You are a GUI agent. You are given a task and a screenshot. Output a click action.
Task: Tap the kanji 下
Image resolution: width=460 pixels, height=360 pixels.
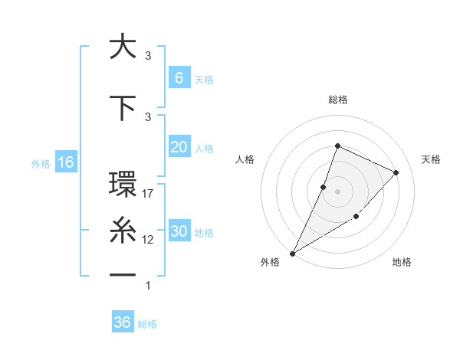(123, 107)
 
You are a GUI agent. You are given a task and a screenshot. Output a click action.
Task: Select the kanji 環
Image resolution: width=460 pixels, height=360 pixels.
(123, 185)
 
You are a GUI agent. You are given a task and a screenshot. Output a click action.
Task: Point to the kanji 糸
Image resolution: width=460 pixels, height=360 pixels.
(123, 229)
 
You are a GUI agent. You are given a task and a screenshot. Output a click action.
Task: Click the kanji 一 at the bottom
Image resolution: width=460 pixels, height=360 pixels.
(123, 273)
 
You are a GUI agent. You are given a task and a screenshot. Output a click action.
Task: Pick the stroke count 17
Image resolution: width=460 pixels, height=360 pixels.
(149, 194)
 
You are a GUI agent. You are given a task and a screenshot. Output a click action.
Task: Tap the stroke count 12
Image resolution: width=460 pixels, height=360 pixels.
(149, 240)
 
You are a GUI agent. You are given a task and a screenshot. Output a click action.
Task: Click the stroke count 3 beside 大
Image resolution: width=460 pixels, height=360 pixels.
(148, 56)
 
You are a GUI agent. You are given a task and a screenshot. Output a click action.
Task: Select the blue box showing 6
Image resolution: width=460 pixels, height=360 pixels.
(179, 77)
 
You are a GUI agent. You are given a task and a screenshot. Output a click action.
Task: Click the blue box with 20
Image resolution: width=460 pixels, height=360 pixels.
(179, 147)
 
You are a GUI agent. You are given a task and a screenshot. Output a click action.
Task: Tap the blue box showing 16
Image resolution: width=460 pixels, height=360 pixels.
(65, 162)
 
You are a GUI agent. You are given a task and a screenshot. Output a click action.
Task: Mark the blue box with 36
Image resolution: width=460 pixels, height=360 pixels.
(122, 322)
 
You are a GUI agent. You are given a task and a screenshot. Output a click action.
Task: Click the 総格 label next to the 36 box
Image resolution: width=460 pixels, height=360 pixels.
(147, 324)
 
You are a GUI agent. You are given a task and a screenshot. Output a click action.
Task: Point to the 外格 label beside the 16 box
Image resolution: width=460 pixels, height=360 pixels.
(41, 163)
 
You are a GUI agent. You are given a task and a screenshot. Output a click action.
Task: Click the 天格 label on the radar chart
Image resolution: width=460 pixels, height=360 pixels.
(431, 159)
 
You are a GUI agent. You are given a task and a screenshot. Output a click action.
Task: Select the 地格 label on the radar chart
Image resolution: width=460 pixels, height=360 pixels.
(402, 262)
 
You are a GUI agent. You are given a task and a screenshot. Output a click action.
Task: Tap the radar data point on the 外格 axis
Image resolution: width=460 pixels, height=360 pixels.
(292, 253)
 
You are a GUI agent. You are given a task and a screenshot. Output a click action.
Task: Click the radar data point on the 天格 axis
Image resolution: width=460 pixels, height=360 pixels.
(396, 172)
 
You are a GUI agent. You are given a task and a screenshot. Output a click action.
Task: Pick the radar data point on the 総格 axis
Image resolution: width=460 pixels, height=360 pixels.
(337, 146)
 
